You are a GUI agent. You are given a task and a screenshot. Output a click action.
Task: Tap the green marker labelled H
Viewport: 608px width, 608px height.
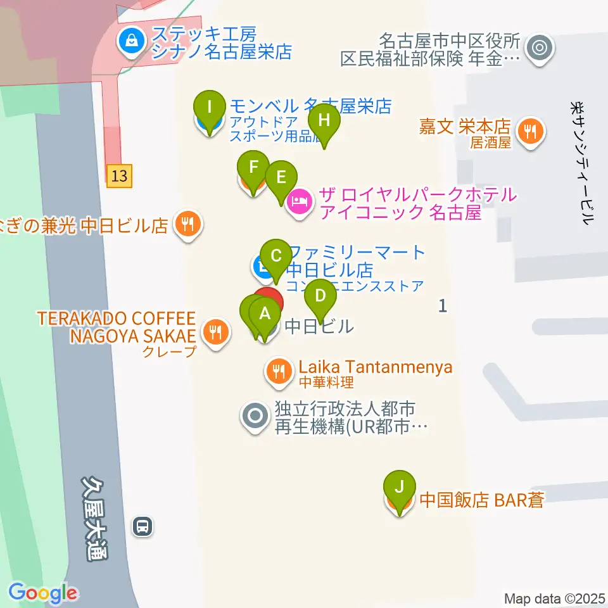click(x=324, y=119)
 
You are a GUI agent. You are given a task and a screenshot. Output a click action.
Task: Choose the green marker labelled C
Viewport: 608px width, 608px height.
click(x=275, y=256)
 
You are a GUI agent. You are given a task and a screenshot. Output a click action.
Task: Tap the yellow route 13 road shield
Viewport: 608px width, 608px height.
click(x=119, y=175)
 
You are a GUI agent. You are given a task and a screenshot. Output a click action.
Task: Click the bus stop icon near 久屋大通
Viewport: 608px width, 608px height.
click(x=142, y=525)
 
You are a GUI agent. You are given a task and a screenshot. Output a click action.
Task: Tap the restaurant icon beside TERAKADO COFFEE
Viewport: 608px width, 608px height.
click(x=215, y=330)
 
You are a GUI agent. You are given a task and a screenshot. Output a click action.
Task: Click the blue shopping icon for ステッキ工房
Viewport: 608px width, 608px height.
click(x=131, y=42)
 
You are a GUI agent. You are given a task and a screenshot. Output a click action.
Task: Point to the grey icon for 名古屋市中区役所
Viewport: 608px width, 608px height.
click(x=540, y=46)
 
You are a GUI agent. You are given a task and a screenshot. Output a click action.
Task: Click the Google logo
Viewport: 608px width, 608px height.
click(x=42, y=593)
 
